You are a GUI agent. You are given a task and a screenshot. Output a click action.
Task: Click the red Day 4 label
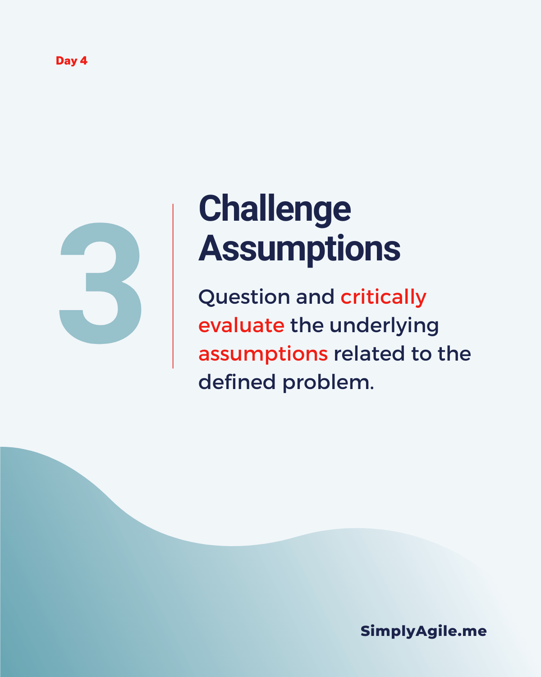(x=71, y=61)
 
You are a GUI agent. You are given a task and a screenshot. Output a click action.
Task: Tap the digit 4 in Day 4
(x=83, y=60)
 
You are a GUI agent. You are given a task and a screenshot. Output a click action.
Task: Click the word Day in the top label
(x=66, y=61)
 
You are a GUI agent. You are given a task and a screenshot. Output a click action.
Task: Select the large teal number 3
(x=100, y=283)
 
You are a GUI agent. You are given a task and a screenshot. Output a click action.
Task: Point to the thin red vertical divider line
(x=173, y=286)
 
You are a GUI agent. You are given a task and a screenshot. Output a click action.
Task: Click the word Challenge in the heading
(x=275, y=210)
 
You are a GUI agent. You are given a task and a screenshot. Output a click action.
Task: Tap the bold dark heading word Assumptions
(x=299, y=250)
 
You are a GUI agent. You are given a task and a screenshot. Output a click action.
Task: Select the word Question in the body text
(x=244, y=297)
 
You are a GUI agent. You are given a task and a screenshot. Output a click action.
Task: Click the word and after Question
(x=315, y=297)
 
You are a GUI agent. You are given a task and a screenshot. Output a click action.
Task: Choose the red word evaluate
(x=242, y=325)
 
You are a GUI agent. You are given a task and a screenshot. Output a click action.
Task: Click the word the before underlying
(x=307, y=325)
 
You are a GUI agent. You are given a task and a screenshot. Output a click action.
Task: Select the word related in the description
(x=369, y=353)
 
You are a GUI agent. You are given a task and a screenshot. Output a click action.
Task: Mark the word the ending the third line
(x=454, y=353)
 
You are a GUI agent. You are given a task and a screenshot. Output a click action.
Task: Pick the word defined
(x=237, y=381)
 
